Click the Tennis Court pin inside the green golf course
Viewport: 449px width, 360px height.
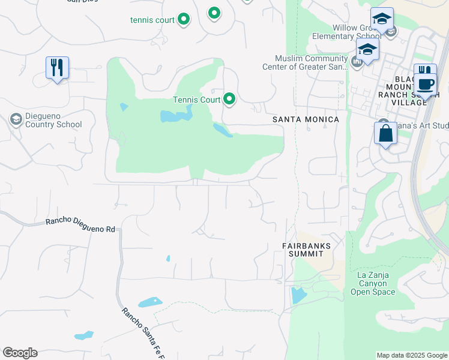[229, 98]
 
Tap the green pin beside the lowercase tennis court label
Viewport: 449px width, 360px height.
[184, 20]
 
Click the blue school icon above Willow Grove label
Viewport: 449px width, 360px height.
[382, 19]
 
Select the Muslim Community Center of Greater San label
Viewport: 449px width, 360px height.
[305, 62]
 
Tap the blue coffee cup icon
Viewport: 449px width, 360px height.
[426, 85]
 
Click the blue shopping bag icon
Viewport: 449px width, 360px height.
[385, 133]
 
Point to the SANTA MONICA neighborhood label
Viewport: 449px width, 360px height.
[306, 119]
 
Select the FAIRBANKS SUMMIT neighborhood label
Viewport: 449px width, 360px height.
[307, 250]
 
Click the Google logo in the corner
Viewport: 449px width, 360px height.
[20, 353]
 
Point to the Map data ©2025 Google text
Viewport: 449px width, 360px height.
[411, 355]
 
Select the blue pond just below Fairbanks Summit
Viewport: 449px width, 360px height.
[297, 295]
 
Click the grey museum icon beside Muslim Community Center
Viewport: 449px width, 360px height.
[357, 61]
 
